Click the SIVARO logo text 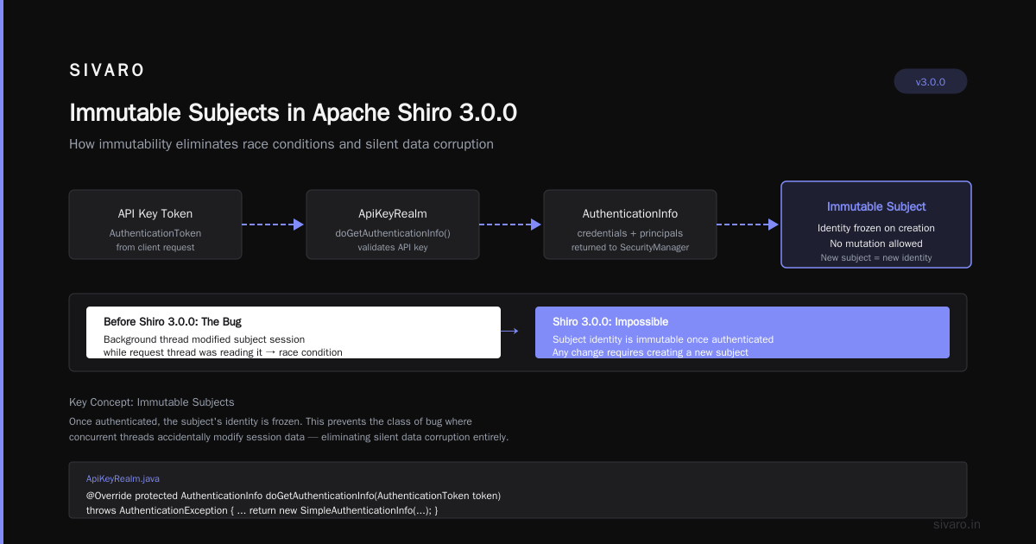tap(106, 70)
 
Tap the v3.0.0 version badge tap(930, 81)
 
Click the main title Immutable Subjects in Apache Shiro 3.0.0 tap(293, 112)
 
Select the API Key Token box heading tap(155, 214)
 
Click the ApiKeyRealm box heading tap(393, 214)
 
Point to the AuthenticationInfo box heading tap(630, 214)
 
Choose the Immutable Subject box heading tap(876, 206)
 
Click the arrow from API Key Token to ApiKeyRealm tap(273, 225)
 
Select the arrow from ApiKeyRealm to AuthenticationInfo tap(510, 225)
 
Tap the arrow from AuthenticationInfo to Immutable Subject tap(748, 225)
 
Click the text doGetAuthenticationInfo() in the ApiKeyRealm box tap(393, 233)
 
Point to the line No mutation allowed tap(876, 244)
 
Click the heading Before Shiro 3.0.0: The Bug tap(173, 321)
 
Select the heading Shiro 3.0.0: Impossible tap(610, 321)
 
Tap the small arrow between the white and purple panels tap(509, 332)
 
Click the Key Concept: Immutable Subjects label tap(152, 402)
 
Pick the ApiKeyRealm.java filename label tap(123, 478)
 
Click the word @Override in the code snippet tap(109, 496)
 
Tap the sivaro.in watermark tap(957, 524)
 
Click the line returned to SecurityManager tap(630, 248)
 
